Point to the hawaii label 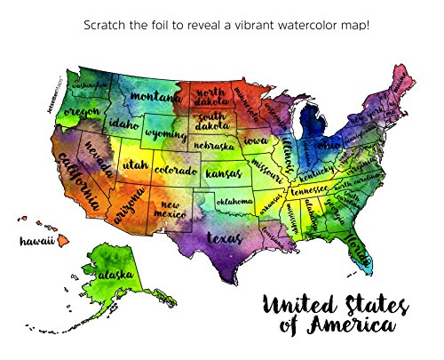point(37,241)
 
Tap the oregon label point(82,114)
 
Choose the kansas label point(223,174)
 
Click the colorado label point(176,169)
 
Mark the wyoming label point(163,134)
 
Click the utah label point(135,164)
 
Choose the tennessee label point(308,189)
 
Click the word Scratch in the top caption point(104,24)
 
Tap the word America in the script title point(347,326)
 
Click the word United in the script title point(294,303)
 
